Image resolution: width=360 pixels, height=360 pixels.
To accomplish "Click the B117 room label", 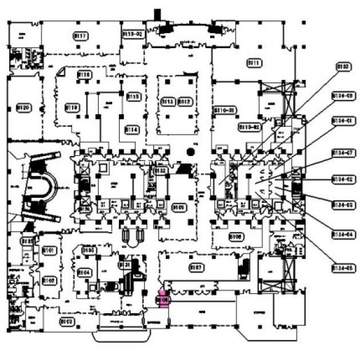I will pos(81,36).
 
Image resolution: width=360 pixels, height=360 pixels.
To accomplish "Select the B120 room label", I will pos(23,107).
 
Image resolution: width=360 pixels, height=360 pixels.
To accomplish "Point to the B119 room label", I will pos(72,106).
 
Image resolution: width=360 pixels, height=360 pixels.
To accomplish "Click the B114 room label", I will pos(132,130).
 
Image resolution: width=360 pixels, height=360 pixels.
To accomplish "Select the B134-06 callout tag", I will pos(343,96).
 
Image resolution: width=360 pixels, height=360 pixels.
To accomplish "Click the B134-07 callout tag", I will pos(343,153).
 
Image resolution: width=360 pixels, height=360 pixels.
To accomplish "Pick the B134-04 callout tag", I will pos(343,234).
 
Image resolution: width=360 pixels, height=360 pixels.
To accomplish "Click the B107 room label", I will pos(196,266).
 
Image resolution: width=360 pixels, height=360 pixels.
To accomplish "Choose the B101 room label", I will pos(49,251).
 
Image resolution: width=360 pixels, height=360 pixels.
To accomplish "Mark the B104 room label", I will pos(84,273).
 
